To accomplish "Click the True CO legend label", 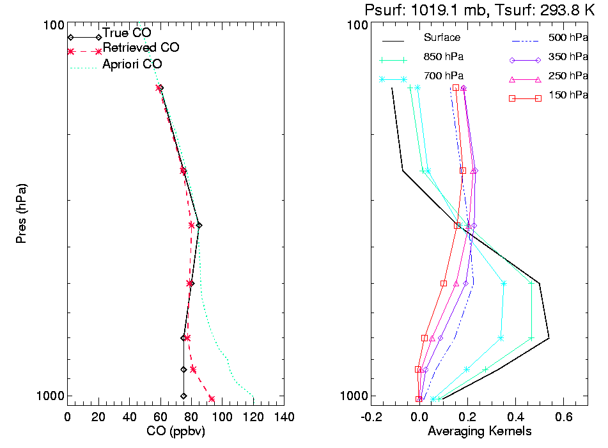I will point(127,33).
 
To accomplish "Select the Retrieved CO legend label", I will point(141,48).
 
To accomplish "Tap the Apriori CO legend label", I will point(132,65).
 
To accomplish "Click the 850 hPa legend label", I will point(443,56).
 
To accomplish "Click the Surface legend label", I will point(442,38).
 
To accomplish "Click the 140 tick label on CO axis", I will point(283,417).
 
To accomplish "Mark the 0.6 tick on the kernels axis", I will point(563,417).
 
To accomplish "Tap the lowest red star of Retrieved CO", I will point(211,399).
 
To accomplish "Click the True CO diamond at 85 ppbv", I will point(199,225).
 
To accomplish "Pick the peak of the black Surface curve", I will point(549,337).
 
